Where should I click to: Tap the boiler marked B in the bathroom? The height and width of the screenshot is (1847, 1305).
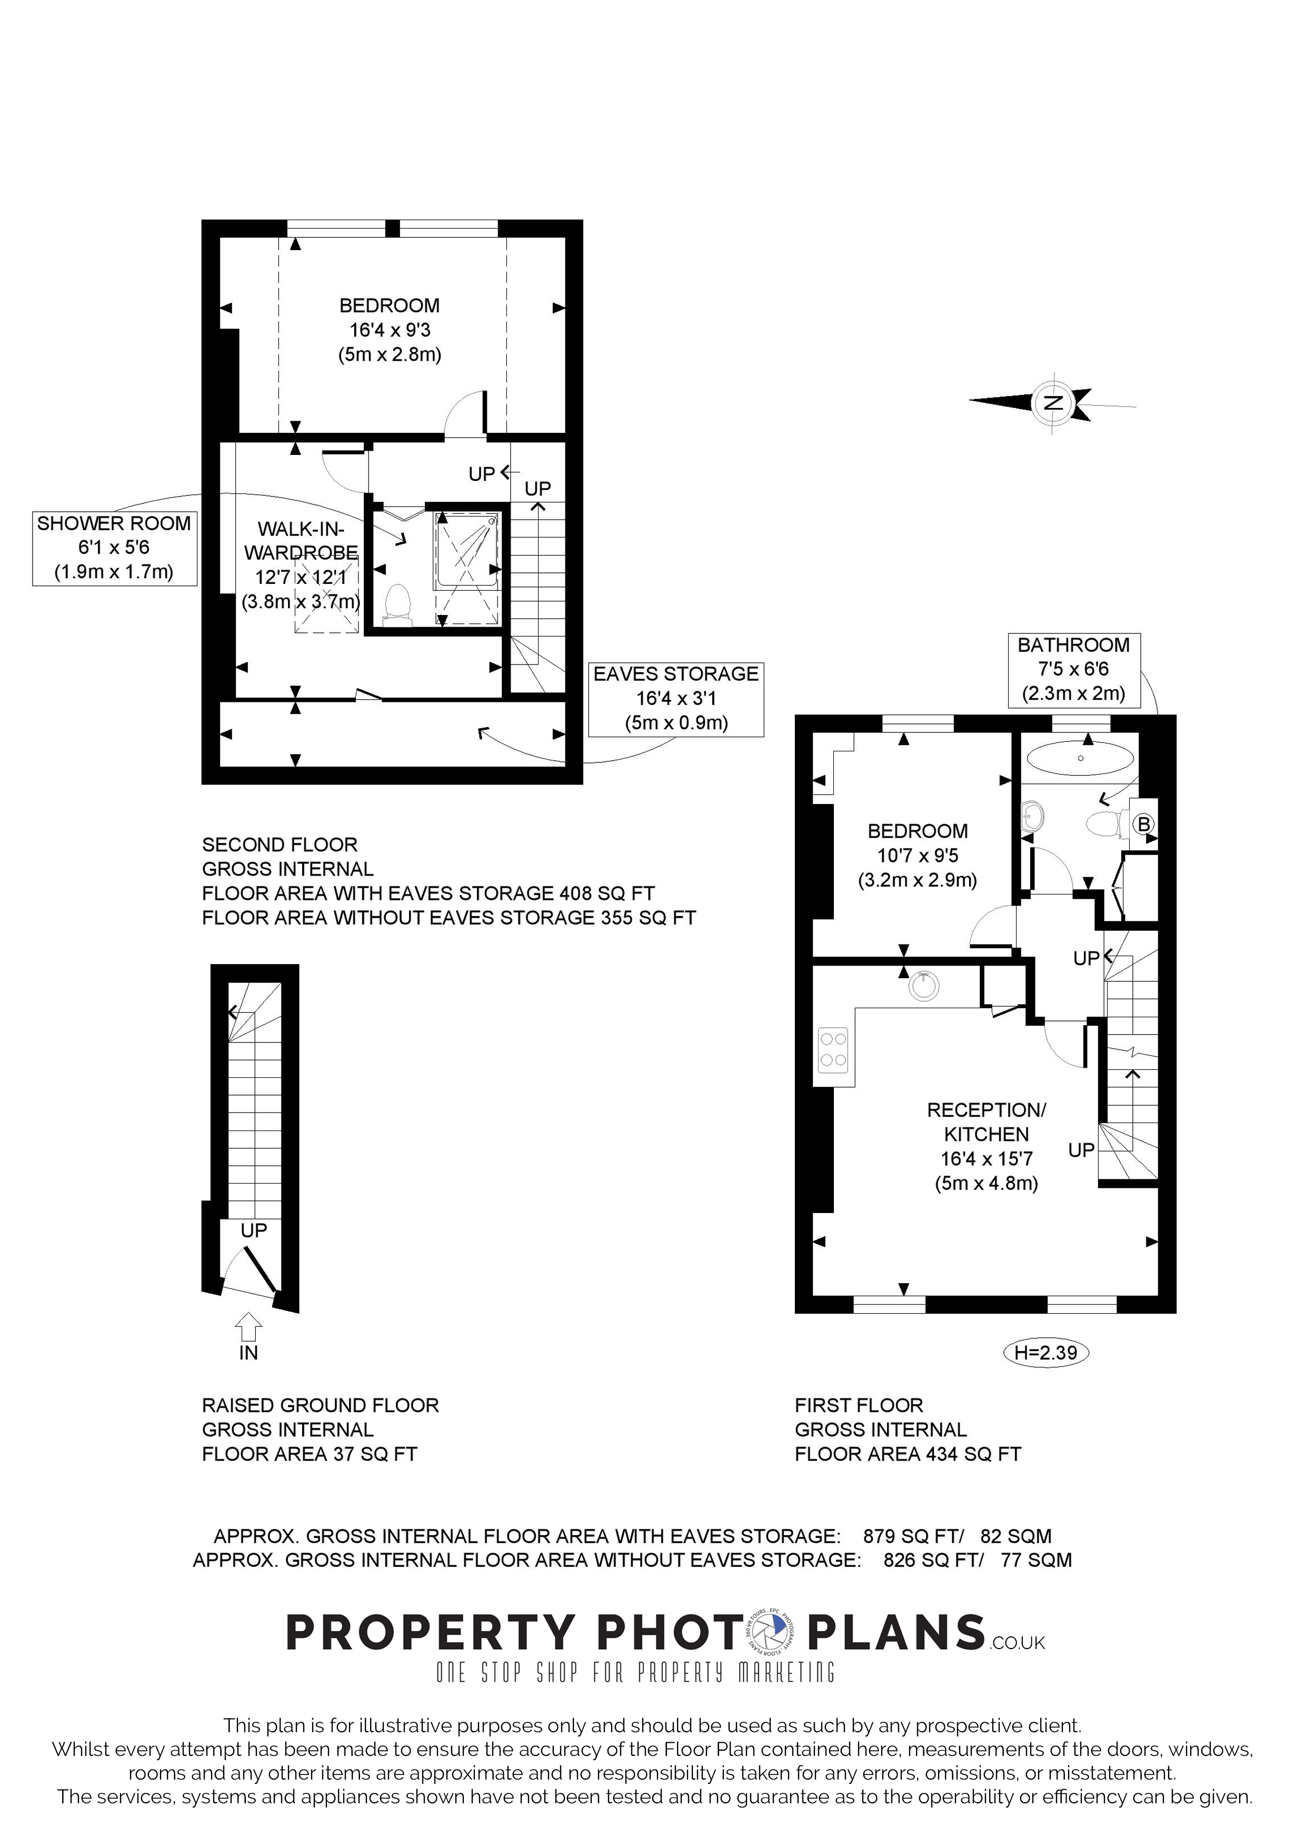(1143, 824)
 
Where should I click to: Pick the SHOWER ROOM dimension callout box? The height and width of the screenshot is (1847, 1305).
(114, 548)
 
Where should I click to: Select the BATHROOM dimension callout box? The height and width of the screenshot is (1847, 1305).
(1073, 669)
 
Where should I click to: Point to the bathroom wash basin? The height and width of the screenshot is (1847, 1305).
(1032, 817)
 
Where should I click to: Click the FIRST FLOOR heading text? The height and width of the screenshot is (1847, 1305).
(859, 1405)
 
